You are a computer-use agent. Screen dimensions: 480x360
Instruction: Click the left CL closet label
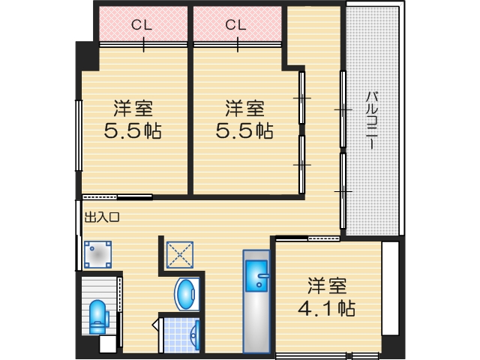142,25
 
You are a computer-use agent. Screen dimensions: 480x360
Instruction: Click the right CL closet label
235,25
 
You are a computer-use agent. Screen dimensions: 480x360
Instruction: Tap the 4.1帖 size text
327,308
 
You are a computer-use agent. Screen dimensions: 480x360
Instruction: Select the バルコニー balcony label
372,120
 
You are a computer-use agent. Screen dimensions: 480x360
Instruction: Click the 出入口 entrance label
102,217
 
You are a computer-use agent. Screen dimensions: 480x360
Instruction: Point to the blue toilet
98,316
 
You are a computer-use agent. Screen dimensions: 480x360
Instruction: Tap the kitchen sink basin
256,275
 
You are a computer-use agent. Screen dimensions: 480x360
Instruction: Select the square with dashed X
180,255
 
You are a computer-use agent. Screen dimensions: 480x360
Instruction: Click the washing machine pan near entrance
97,254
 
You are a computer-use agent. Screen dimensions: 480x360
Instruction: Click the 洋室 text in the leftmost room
133,108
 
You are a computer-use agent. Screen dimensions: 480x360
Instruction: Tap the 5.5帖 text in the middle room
244,130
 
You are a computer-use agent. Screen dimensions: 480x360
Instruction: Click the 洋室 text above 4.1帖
327,286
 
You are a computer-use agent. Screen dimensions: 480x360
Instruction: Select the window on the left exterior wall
79,135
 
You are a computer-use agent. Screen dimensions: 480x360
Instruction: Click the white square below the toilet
108,344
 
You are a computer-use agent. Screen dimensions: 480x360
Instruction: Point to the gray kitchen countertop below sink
256,322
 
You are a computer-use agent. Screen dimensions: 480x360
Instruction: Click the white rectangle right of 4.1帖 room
390,288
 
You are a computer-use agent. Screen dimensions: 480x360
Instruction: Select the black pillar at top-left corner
87,57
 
